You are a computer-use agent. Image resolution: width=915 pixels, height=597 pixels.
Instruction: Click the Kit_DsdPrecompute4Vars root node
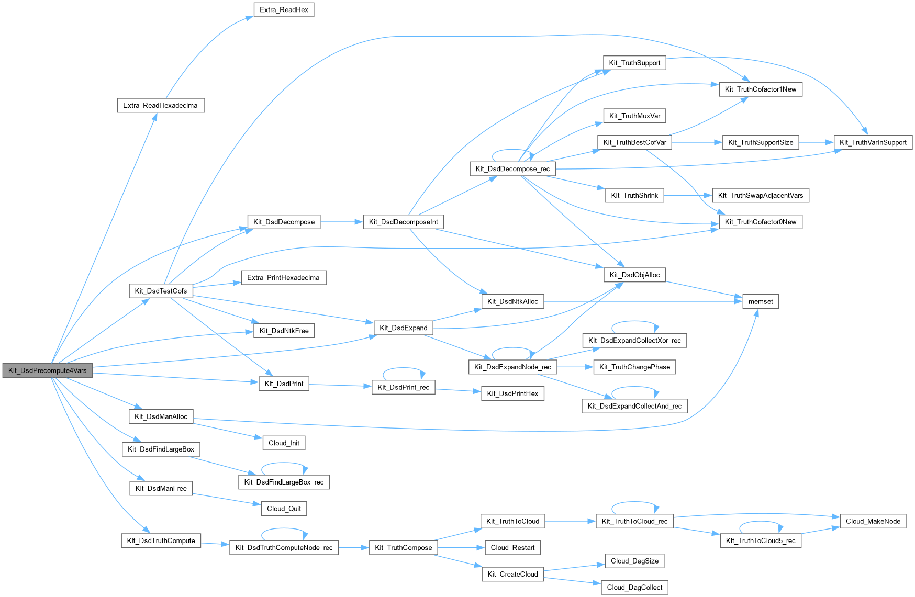pos(47,370)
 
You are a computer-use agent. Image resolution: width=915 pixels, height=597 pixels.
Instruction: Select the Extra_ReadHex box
pos(284,10)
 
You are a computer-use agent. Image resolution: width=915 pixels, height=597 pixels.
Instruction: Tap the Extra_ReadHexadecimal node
pos(161,105)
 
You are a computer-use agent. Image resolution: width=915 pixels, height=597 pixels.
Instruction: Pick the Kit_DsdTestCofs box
pos(161,291)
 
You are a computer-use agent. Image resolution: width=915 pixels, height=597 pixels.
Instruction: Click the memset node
pos(760,301)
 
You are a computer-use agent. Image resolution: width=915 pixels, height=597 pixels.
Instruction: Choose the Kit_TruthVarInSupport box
pos(873,142)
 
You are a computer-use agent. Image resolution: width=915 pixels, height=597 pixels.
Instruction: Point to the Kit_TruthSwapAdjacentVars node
pos(760,195)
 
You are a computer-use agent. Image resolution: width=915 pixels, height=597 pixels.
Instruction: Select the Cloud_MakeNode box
pos(873,521)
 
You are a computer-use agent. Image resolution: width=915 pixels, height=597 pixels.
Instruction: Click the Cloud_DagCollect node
pos(634,587)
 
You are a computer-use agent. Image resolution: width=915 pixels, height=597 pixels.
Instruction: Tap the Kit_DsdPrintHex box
pos(512,393)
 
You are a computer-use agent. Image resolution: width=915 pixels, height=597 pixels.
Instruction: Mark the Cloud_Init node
pos(284,443)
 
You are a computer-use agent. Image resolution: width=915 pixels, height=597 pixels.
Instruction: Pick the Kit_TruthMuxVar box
pos(634,116)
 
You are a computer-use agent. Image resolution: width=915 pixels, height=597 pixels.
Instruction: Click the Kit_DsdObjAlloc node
pos(634,275)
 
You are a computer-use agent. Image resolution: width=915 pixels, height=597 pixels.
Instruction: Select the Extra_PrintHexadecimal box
pos(284,277)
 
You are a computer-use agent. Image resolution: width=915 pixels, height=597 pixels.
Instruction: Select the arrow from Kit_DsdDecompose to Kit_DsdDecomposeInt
pos(341,222)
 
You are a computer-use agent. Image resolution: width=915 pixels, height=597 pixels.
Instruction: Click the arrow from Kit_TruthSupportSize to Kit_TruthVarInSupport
pos(816,142)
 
